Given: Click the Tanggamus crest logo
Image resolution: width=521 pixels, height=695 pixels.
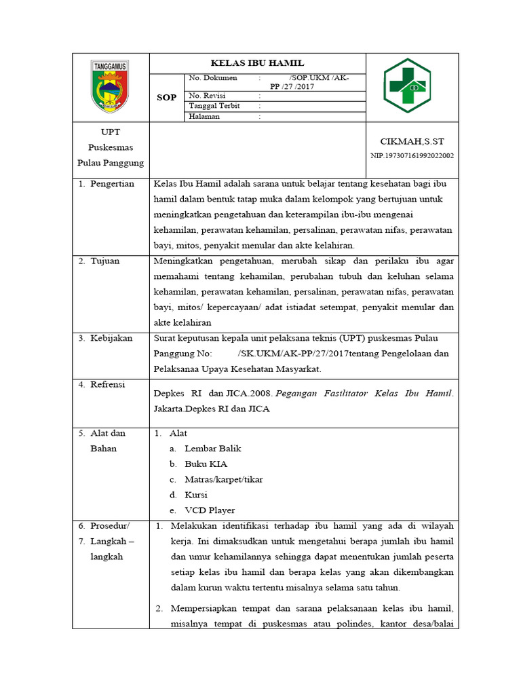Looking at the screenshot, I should [x=110, y=86].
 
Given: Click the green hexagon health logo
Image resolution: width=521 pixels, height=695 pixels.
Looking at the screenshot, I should [x=407, y=86].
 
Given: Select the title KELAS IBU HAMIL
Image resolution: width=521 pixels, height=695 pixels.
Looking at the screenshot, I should [x=257, y=62].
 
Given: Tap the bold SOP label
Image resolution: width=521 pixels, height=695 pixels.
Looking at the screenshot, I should [x=167, y=97].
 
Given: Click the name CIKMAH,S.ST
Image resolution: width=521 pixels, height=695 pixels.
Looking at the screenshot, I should [x=412, y=141].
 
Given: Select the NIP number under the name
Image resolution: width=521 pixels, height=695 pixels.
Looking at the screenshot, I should [x=412, y=155].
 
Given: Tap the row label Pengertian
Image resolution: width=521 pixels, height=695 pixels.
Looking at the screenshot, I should [x=112, y=184].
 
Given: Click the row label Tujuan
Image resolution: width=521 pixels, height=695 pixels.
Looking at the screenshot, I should [x=105, y=261].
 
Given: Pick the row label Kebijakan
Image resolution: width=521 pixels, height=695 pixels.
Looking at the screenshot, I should [x=111, y=338].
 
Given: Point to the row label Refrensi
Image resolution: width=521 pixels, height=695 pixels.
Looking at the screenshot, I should [x=108, y=385].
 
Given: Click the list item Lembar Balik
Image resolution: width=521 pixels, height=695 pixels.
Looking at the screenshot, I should [x=212, y=448].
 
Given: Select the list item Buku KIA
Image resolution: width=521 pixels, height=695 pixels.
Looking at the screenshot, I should [x=206, y=464].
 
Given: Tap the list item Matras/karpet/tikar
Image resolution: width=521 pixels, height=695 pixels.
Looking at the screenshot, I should [x=223, y=479].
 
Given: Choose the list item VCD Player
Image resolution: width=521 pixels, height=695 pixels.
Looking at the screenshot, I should [x=210, y=510].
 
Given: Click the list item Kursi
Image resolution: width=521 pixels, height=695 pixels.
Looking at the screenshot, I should [x=196, y=495].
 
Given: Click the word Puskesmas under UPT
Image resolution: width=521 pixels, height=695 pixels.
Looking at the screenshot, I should [x=110, y=147].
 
